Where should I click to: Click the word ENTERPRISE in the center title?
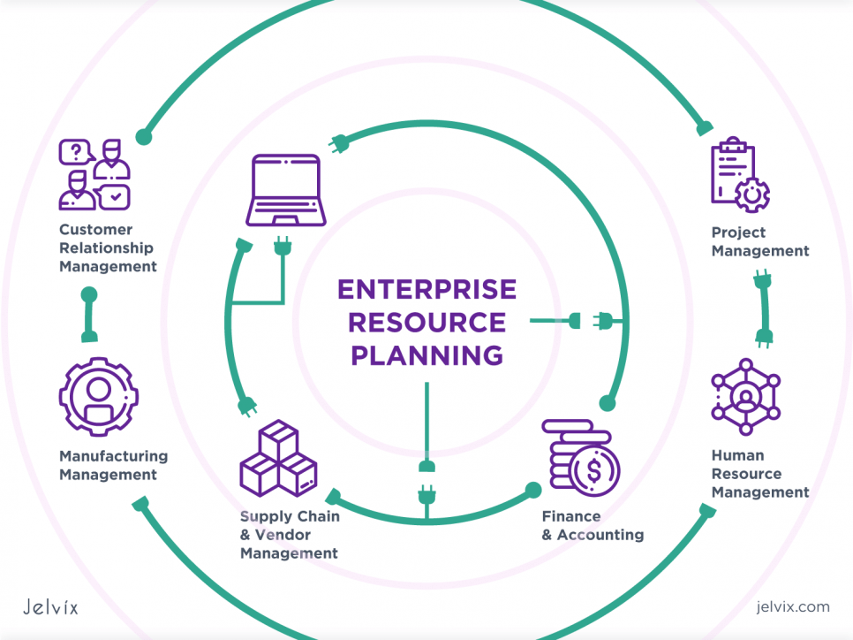pyautogui.click(x=426, y=290)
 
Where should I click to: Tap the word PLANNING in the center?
pyautogui.click(x=426, y=355)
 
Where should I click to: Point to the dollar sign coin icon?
pyautogui.click(x=593, y=470)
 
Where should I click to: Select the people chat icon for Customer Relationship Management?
pyautogui.click(x=94, y=174)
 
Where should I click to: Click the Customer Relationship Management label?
pyautogui.click(x=108, y=248)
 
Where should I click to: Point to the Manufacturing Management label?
pyautogui.click(x=113, y=465)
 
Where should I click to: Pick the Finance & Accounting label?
pyautogui.click(x=592, y=525)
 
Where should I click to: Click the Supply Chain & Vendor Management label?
pyautogui.click(x=289, y=535)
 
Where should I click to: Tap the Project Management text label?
pyautogui.click(x=759, y=241)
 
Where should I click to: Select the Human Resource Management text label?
pyautogui.click(x=759, y=474)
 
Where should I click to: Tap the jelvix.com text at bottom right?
pyautogui.click(x=792, y=606)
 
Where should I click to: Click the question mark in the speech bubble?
pyautogui.click(x=76, y=152)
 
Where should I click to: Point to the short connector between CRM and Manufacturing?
pyautogui.click(x=88, y=314)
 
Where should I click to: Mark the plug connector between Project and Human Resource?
pyautogui.click(x=763, y=309)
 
